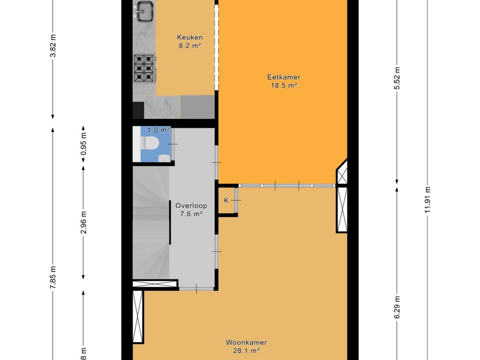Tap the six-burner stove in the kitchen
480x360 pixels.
[144, 68]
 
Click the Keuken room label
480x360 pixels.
[189, 37]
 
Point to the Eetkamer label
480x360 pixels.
[284, 77]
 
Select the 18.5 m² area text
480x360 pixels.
[284, 85]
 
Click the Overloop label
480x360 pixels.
[191, 205]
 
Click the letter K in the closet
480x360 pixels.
[226, 201]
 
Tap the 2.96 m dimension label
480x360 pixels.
[83, 222]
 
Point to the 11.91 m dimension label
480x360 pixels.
[427, 199]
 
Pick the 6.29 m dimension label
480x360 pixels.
[397, 307]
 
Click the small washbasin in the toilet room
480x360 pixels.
[164, 158]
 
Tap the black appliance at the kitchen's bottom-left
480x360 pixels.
[138, 110]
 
